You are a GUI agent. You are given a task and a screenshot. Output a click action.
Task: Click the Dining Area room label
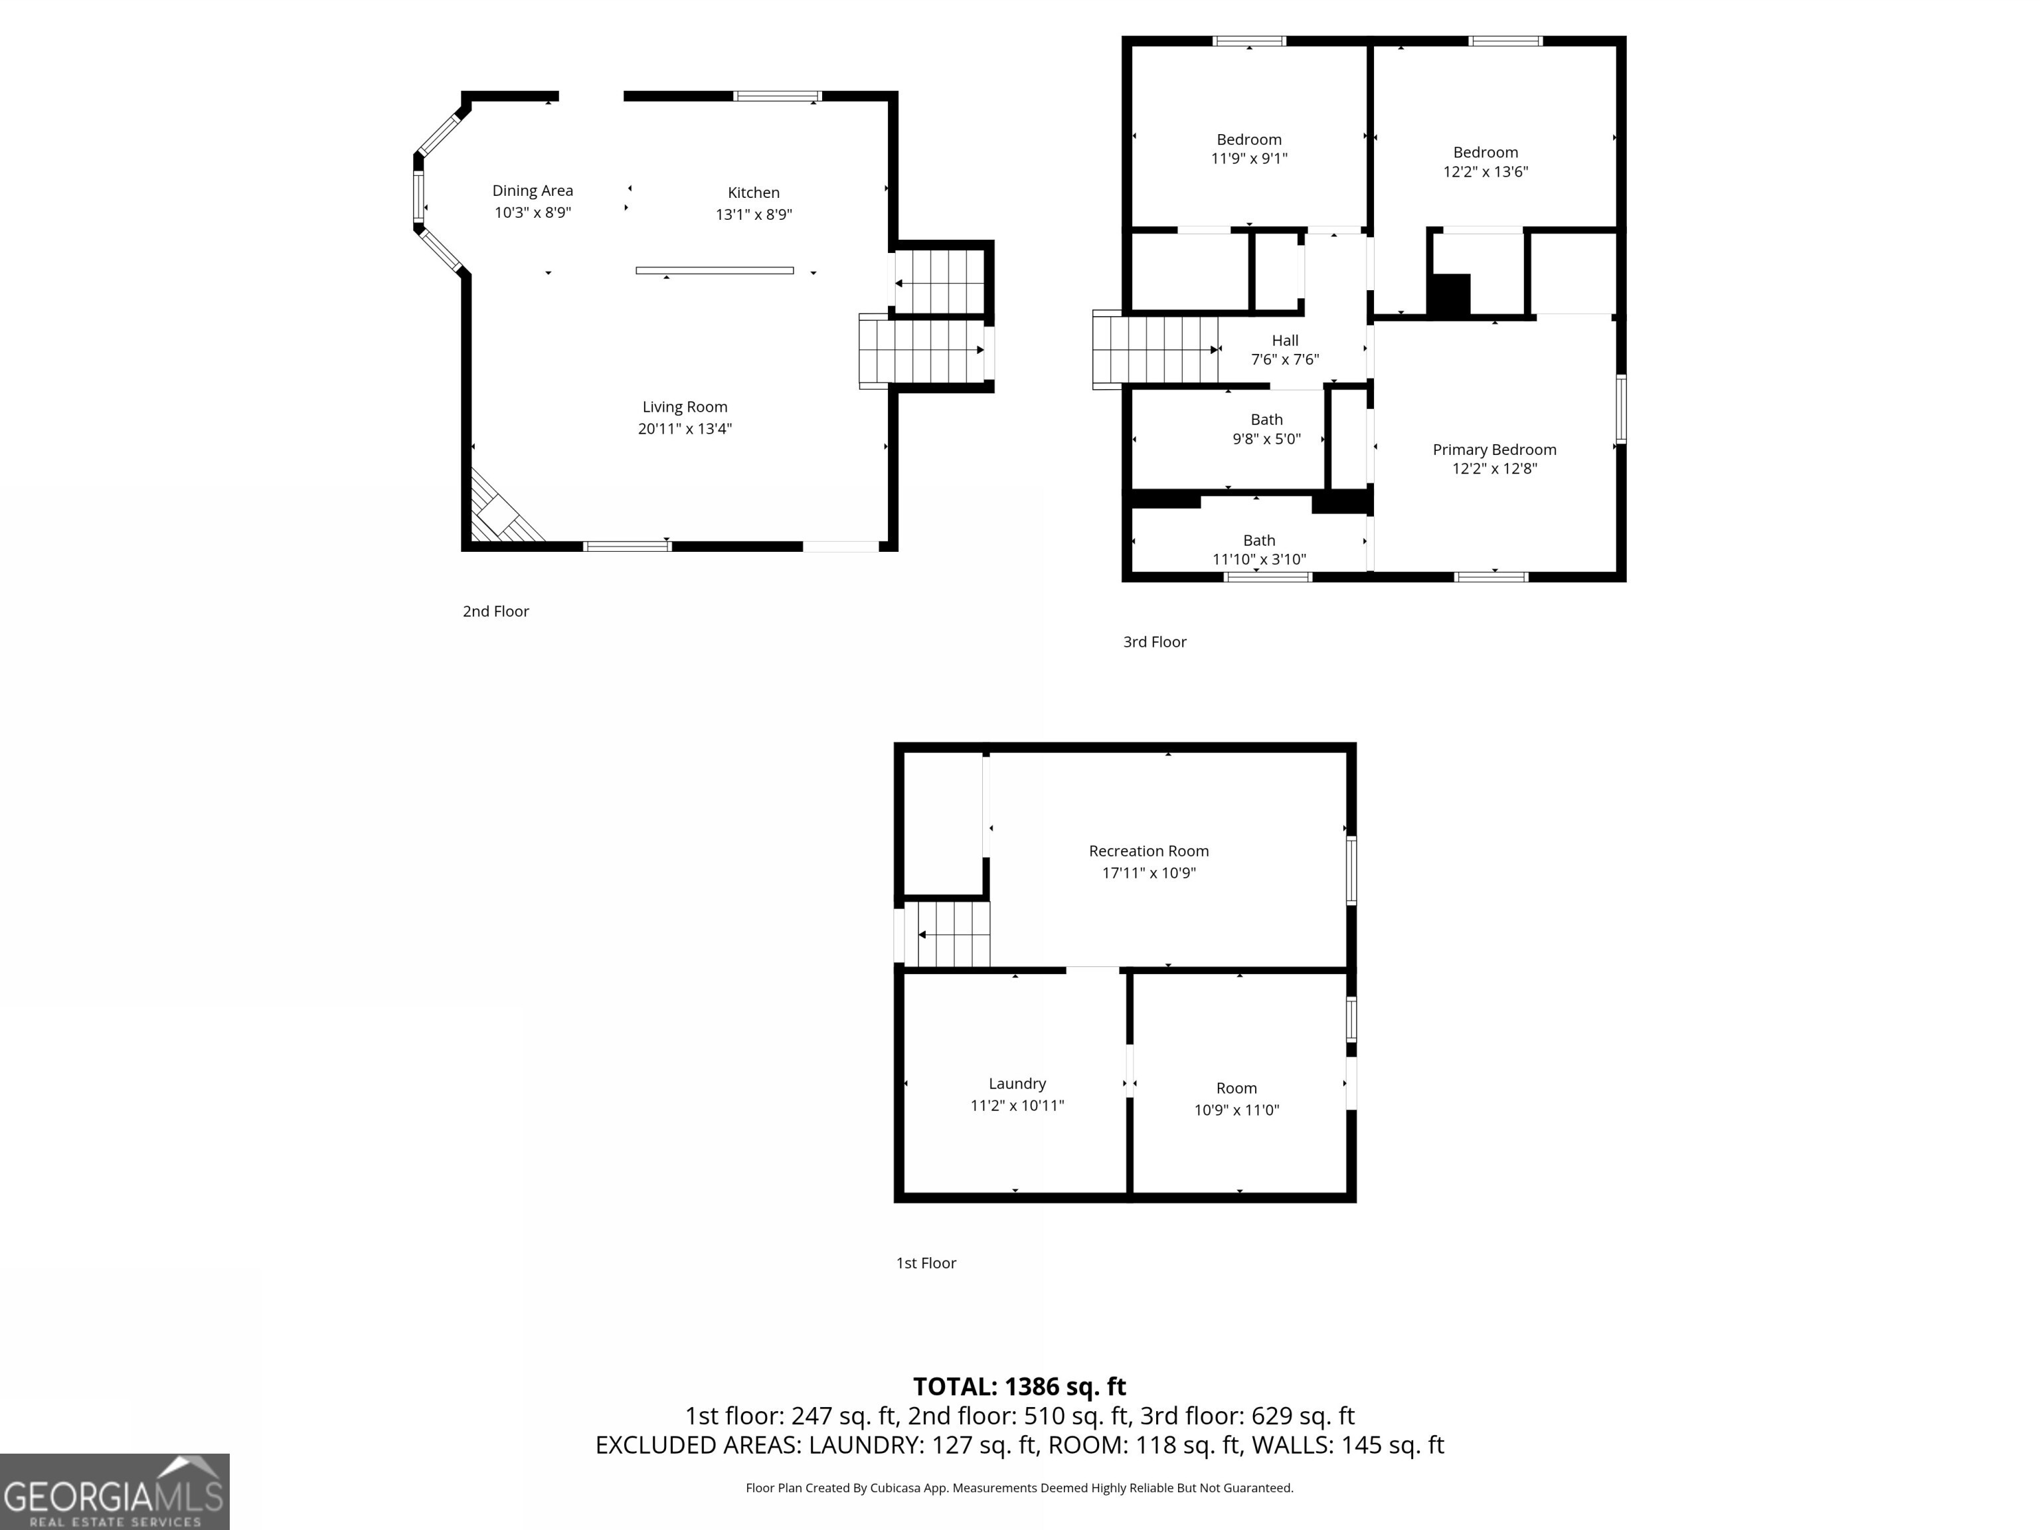[x=532, y=191]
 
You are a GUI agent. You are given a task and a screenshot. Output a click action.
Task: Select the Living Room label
[x=684, y=406]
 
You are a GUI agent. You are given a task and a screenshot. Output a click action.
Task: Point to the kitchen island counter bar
[x=714, y=270]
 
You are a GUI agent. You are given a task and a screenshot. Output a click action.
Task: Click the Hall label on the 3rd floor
[x=1285, y=340]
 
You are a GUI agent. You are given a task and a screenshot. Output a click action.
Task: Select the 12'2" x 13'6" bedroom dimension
[x=1485, y=171]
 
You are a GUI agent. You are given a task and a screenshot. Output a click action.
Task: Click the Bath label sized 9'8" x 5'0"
[x=1266, y=420]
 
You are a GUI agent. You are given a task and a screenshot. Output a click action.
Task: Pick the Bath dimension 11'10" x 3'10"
[x=1259, y=559]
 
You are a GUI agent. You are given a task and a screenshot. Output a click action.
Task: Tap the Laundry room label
[x=1017, y=1084]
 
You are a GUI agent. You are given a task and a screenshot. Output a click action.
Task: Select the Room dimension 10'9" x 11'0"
[x=1236, y=1110]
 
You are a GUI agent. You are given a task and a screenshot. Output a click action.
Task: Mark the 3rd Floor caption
[x=1153, y=642]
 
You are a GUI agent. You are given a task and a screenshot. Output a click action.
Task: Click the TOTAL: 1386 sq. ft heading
[x=1019, y=1386]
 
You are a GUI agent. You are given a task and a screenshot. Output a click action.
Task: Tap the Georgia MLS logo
[x=114, y=1491]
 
